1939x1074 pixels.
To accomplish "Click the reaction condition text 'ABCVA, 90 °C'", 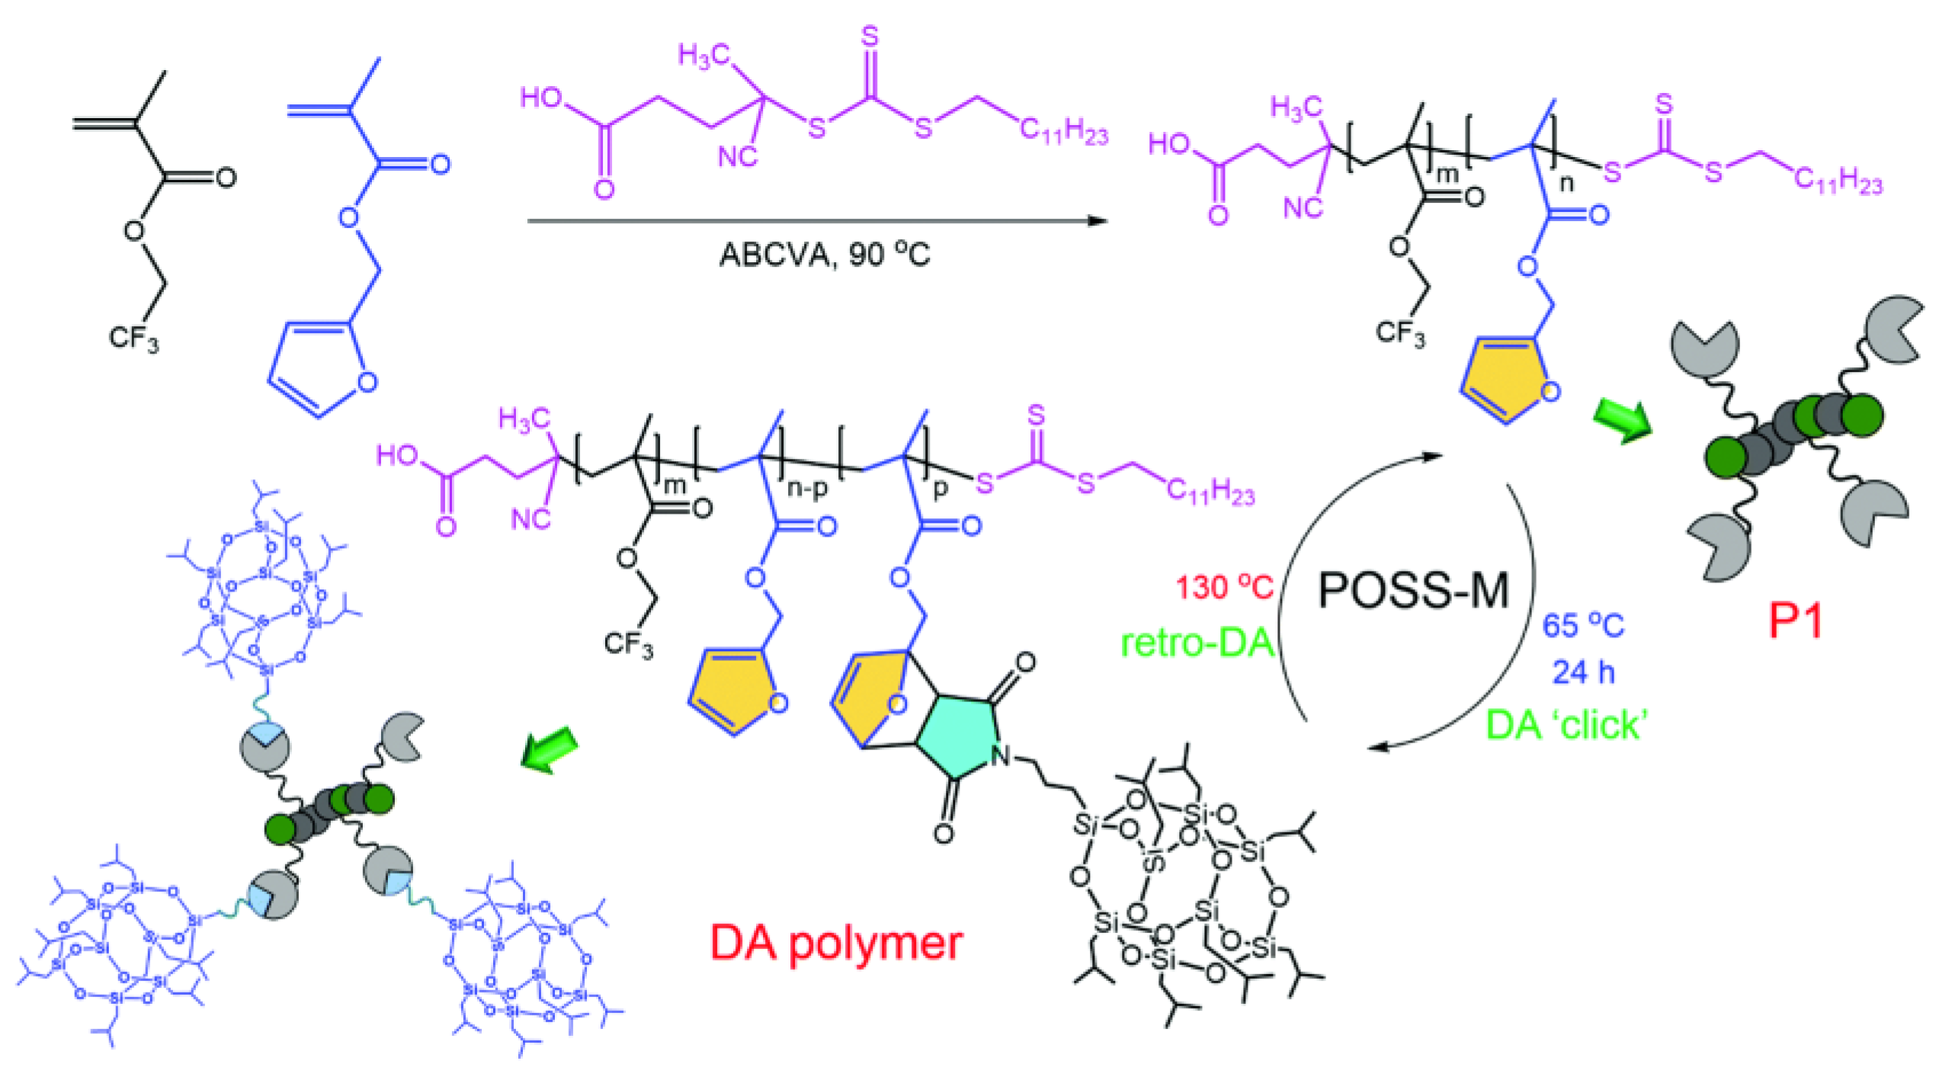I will (x=824, y=255).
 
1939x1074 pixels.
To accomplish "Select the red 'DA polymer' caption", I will (x=836, y=943).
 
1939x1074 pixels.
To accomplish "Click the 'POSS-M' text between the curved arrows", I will (x=1414, y=590).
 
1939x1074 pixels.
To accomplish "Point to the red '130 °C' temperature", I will (x=1224, y=587).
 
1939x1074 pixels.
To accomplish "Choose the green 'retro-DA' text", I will (x=1197, y=643).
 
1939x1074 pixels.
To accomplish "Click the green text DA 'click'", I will (x=1567, y=724).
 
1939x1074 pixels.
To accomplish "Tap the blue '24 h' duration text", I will (x=1583, y=672).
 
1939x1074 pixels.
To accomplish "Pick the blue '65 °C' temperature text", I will (x=1583, y=626).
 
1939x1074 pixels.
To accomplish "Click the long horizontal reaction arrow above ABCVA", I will (x=816, y=221).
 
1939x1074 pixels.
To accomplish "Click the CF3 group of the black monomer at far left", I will (x=134, y=338).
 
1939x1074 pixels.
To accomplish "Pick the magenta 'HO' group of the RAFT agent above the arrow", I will (x=541, y=98).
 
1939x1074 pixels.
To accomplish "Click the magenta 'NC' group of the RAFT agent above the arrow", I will (x=737, y=158).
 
